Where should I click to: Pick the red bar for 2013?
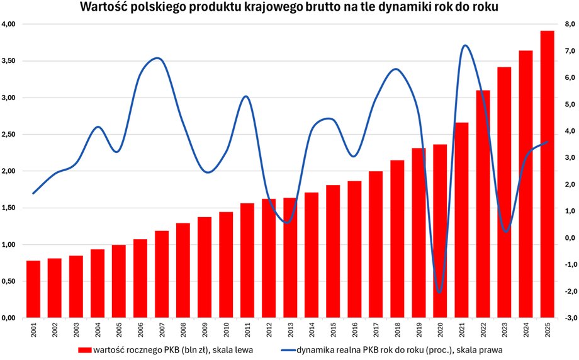click(x=290, y=258)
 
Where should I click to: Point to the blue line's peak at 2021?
click(x=464, y=45)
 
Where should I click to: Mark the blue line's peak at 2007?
click(x=159, y=58)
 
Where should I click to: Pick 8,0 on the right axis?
click(x=570, y=24)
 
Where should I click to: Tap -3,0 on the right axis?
click(x=569, y=318)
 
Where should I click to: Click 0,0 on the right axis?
click(x=570, y=238)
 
